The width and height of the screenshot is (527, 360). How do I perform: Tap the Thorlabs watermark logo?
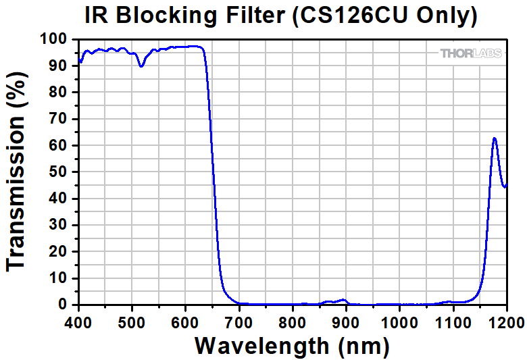pyautogui.click(x=471, y=53)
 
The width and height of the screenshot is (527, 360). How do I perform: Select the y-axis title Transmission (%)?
pyautogui.click(x=16, y=172)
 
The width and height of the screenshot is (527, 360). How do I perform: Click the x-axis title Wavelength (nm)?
pyautogui.click(x=292, y=346)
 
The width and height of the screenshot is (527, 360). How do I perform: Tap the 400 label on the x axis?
pyautogui.click(x=78, y=324)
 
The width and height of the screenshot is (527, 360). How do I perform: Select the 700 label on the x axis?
pyautogui.click(x=239, y=324)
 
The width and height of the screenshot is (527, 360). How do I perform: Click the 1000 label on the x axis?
pyautogui.click(x=399, y=324)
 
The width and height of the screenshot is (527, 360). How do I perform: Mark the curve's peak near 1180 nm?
pyautogui.click(x=495, y=138)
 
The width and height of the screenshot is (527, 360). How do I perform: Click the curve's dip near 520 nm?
pyautogui.click(x=141, y=66)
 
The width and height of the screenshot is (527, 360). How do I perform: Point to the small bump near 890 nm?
pyautogui.click(x=343, y=299)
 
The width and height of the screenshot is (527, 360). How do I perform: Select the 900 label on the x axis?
pyautogui.click(x=346, y=324)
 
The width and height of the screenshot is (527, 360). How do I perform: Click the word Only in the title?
pyautogui.click(x=446, y=16)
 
